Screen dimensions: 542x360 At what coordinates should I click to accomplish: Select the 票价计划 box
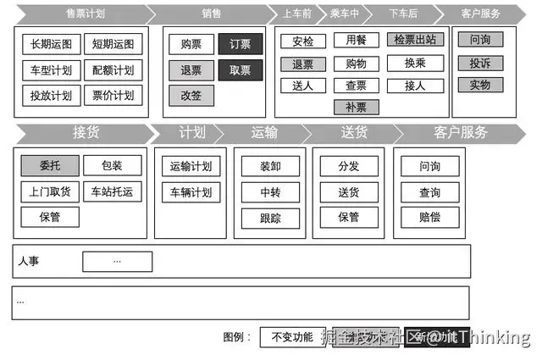113,96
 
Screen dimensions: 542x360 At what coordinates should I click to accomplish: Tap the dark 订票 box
241,45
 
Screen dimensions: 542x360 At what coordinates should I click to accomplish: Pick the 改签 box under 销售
191,96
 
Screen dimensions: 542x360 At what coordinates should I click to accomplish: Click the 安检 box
302,42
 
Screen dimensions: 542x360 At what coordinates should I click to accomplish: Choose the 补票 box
357,107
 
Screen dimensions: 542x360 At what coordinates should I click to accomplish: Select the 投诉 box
480,63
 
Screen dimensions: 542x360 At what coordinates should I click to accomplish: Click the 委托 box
50,165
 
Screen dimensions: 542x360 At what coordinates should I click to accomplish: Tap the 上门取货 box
50,191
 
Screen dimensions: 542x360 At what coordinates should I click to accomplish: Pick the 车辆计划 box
191,191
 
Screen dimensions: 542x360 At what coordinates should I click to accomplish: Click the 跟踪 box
270,218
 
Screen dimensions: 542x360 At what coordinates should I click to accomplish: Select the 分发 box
348,166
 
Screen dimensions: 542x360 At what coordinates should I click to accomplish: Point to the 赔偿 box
430,218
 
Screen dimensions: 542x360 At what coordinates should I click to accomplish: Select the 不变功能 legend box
291,337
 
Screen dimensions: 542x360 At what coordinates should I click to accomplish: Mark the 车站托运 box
112,191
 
